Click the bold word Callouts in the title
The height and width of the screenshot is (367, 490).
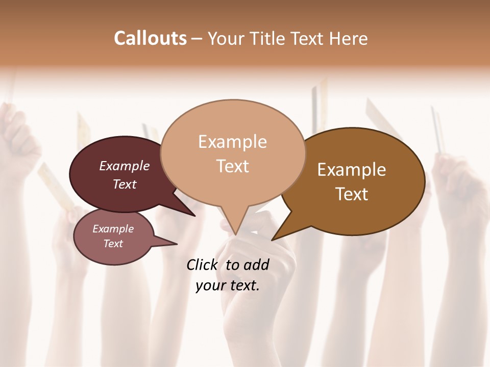[150, 38]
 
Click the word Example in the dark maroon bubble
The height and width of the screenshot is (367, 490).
[125, 166]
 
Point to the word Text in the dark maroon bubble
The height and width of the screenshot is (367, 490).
[125, 184]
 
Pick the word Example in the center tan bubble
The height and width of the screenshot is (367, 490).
[232, 142]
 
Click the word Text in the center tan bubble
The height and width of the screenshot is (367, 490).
[232, 166]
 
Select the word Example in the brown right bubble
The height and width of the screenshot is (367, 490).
[352, 170]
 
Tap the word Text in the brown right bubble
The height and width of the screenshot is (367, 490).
[352, 194]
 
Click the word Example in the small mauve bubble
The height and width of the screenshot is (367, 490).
[113, 229]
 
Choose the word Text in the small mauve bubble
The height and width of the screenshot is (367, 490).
[113, 244]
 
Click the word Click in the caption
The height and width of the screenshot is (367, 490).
[204, 265]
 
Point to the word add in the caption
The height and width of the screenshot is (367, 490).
[256, 265]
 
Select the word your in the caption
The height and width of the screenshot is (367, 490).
[210, 285]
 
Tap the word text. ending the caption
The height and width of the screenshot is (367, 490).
[243, 285]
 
